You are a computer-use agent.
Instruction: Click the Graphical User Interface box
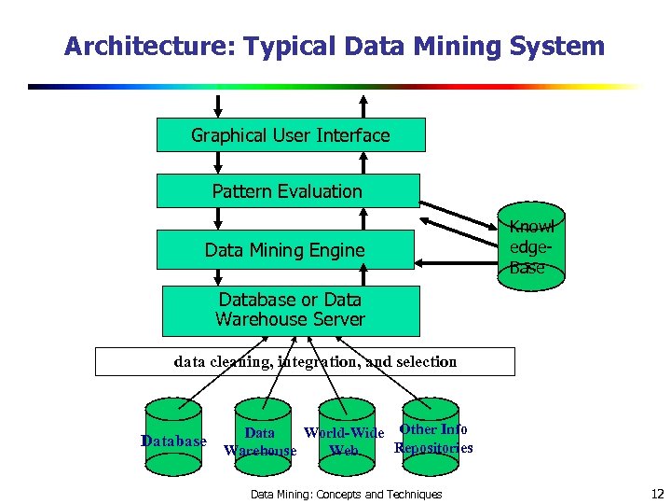click(291, 134)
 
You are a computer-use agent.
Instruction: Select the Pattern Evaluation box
click(287, 191)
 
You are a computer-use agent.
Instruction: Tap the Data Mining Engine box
click(284, 249)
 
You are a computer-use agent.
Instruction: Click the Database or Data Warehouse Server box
click(291, 310)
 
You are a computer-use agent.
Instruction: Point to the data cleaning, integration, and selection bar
click(305, 361)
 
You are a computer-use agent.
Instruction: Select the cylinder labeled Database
click(173, 430)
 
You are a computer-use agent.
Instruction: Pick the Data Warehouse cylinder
click(261, 431)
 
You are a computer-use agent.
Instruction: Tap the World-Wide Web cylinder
click(346, 430)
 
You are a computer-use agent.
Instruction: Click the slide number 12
click(657, 493)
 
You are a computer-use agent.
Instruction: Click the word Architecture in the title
click(128, 46)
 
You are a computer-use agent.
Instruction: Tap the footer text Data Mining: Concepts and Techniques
click(347, 494)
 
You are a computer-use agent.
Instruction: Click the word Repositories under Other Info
click(433, 448)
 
